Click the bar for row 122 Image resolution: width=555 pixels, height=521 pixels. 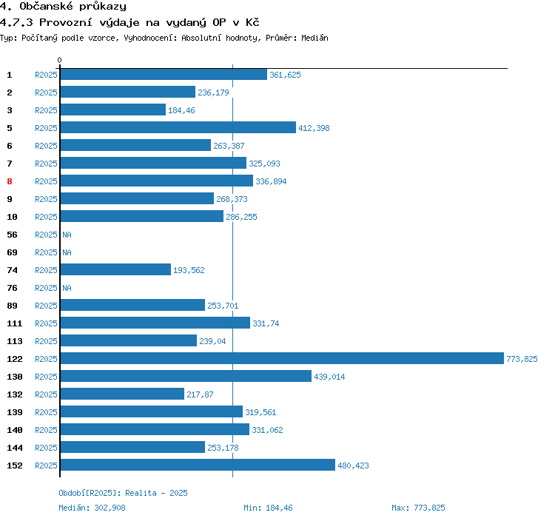coord(281,359)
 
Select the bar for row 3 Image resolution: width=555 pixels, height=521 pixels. coord(112,110)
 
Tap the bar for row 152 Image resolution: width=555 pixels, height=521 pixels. coord(197,465)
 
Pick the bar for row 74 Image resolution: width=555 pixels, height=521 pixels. coord(115,270)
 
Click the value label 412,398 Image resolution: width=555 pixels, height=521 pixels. coord(314,128)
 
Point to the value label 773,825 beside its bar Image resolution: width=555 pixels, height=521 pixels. coord(522,359)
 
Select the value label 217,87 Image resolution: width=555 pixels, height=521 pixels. coord(200,394)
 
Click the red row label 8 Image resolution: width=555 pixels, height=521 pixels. coord(10,181)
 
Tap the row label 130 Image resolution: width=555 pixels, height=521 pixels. coord(14,377)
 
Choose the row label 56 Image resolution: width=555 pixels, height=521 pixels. coord(12,235)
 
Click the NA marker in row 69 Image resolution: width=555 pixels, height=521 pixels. coord(67,252)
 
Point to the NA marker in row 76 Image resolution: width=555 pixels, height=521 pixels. coord(67,288)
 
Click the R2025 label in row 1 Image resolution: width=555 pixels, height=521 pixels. coord(46,75)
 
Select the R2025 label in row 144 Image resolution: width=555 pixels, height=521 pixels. coord(46,448)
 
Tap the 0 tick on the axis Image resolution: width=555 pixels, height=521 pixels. coord(60,60)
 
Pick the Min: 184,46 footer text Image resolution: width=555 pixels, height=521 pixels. coord(268,508)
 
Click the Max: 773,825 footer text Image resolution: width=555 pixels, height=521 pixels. coord(418,508)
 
